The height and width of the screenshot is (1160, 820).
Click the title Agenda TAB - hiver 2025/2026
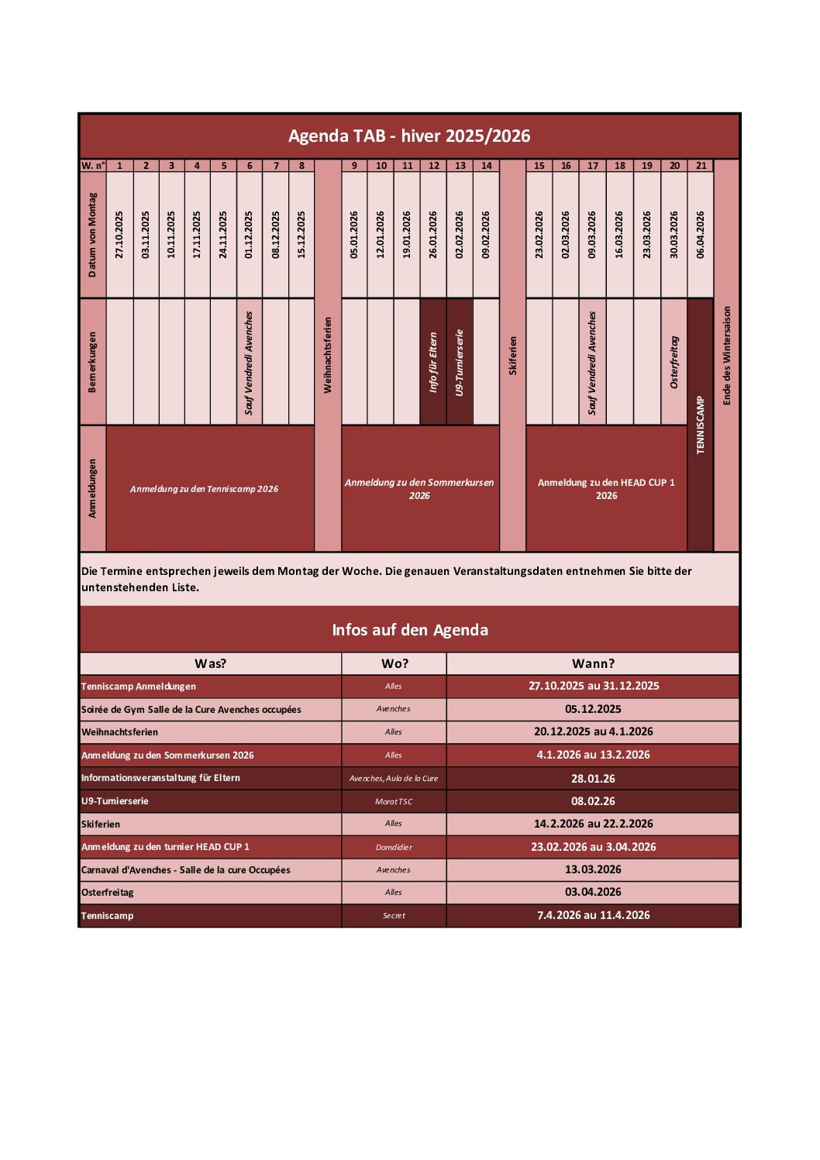(409, 136)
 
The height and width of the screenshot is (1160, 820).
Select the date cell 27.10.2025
(119, 234)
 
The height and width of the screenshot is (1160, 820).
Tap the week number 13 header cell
(460, 166)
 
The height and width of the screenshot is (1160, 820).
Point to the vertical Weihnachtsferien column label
(328, 355)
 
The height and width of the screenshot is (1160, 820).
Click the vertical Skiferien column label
(512, 355)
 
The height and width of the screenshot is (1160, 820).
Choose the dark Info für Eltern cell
(433, 362)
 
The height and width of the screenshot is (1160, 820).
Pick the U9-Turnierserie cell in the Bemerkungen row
(460, 362)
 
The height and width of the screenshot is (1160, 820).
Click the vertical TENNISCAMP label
(701, 425)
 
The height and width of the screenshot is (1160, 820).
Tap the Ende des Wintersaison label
(726, 355)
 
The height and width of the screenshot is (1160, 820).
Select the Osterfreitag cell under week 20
(674, 362)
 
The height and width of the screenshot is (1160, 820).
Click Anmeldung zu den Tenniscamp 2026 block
(204, 489)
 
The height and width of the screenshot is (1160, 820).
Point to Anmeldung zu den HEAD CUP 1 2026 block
(606, 488)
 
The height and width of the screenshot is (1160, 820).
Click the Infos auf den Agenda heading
(410, 629)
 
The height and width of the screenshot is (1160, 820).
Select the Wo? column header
(394, 663)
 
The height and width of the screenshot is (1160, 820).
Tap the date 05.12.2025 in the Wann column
(593, 709)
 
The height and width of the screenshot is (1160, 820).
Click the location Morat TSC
(394, 801)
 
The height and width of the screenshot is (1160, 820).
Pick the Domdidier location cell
(394, 847)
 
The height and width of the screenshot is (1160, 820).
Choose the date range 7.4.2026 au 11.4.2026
(593, 915)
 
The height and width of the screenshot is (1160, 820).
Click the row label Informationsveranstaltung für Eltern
(161, 778)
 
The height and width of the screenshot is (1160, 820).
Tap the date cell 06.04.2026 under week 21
(701, 234)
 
